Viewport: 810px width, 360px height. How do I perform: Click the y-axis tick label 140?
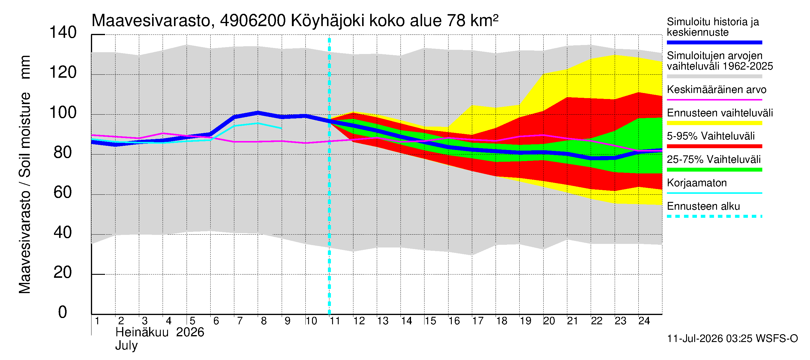click(63, 32)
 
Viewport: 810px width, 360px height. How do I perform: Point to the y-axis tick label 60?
click(63, 192)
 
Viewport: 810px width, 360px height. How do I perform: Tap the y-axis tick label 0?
click(63, 312)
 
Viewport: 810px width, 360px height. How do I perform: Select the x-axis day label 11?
click(335, 321)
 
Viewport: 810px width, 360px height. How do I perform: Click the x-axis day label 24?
click(644, 321)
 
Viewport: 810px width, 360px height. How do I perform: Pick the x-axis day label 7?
click(240, 321)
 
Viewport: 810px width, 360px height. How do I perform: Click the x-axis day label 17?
click(478, 321)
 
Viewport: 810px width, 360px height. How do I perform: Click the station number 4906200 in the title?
click(253, 21)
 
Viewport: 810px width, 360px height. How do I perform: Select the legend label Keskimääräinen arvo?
click(717, 90)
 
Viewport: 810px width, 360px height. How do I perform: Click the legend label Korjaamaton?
click(697, 183)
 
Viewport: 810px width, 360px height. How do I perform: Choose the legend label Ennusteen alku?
click(703, 206)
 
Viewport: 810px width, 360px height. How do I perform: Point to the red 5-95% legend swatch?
click(714, 146)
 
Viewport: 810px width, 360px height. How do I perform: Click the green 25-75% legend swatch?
click(714, 170)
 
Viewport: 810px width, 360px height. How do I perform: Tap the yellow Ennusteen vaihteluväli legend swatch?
click(714, 123)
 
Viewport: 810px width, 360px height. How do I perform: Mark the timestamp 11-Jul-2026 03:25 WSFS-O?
click(732, 339)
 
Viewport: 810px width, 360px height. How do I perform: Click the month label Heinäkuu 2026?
click(160, 332)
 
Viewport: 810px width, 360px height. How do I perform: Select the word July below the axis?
click(126, 346)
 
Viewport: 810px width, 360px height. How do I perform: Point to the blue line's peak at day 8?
click(258, 112)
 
